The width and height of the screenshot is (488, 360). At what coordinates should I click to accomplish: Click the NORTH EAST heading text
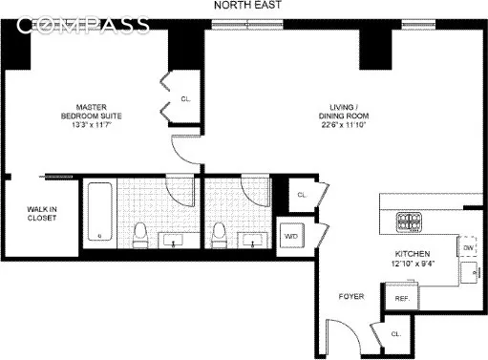pyautogui.click(x=244, y=7)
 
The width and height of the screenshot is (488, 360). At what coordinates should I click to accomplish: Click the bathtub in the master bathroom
pyautogui.click(x=99, y=214)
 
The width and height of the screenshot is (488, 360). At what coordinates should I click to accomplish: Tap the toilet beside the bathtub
pyautogui.click(x=140, y=233)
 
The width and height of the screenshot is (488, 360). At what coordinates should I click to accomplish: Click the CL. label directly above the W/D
pyautogui.click(x=302, y=195)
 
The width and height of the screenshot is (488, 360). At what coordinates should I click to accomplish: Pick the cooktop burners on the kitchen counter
pyautogui.click(x=409, y=222)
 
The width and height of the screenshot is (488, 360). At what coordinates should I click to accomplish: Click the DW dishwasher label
pyautogui.click(x=468, y=248)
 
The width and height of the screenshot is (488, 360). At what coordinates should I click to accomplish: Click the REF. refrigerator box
pyautogui.click(x=402, y=298)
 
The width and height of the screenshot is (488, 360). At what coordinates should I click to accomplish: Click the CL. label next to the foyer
pyautogui.click(x=395, y=334)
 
